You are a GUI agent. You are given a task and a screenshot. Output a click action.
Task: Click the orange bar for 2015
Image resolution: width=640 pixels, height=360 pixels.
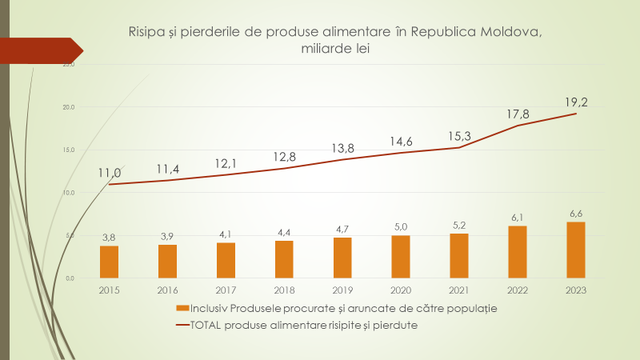(x=109, y=262)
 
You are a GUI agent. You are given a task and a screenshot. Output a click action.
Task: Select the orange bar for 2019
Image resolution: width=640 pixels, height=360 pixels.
(x=342, y=258)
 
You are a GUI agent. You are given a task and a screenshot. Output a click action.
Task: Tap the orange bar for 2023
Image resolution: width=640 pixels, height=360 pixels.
(x=576, y=250)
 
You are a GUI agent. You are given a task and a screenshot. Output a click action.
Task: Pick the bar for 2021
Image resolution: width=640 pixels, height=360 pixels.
(x=459, y=256)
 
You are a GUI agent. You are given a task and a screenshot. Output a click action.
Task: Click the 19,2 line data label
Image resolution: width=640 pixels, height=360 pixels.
(x=576, y=102)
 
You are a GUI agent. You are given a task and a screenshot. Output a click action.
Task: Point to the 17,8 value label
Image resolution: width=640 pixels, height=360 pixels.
(x=518, y=114)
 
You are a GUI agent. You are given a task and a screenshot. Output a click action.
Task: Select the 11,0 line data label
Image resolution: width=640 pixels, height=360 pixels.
(x=110, y=173)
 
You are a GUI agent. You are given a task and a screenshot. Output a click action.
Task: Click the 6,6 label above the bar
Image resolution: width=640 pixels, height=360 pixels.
(x=576, y=213)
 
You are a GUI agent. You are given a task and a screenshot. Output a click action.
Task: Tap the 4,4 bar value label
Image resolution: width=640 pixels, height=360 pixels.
(x=284, y=232)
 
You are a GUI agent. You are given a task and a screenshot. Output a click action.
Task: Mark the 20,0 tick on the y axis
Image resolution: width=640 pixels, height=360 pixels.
(x=69, y=107)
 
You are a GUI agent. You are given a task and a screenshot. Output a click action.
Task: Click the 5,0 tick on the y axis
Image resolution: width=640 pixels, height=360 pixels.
(x=70, y=235)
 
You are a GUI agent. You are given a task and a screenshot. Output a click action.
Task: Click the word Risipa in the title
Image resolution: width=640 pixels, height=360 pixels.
(x=146, y=32)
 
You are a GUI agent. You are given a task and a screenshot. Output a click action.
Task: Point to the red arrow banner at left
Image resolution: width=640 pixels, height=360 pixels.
(x=40, y=49)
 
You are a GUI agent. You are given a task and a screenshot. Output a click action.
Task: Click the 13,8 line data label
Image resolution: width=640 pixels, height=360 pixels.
(x=342, y=148)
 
